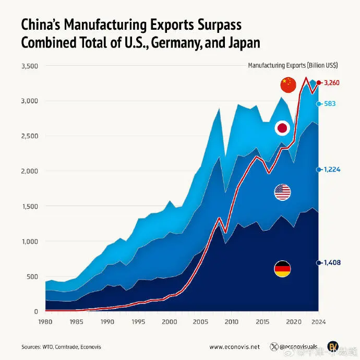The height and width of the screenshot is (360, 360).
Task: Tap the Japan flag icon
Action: (282, 128)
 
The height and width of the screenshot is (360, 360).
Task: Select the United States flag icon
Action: (282, 193)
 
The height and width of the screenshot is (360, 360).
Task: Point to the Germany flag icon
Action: (282, 269)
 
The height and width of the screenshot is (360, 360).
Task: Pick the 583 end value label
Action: (330, 104)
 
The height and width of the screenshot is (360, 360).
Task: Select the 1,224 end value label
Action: (332, 170)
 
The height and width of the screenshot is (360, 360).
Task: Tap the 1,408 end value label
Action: (332, 263)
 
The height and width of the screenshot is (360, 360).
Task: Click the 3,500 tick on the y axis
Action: (29, 66)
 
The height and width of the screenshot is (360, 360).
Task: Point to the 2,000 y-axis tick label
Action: (29, 171)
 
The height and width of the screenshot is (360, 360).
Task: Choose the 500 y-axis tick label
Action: (32, 276)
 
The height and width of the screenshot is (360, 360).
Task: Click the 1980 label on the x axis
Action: (46, 322)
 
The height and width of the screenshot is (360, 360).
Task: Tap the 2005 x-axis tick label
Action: (200, 322)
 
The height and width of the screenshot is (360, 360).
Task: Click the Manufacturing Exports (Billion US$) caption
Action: (292, 65)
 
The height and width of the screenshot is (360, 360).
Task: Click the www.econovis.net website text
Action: (234, 346)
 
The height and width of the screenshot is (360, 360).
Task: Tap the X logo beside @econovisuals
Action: (274, 346)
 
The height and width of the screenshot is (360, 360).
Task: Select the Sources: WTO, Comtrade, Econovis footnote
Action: (55, 346)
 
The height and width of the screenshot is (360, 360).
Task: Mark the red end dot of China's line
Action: (319, 82)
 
